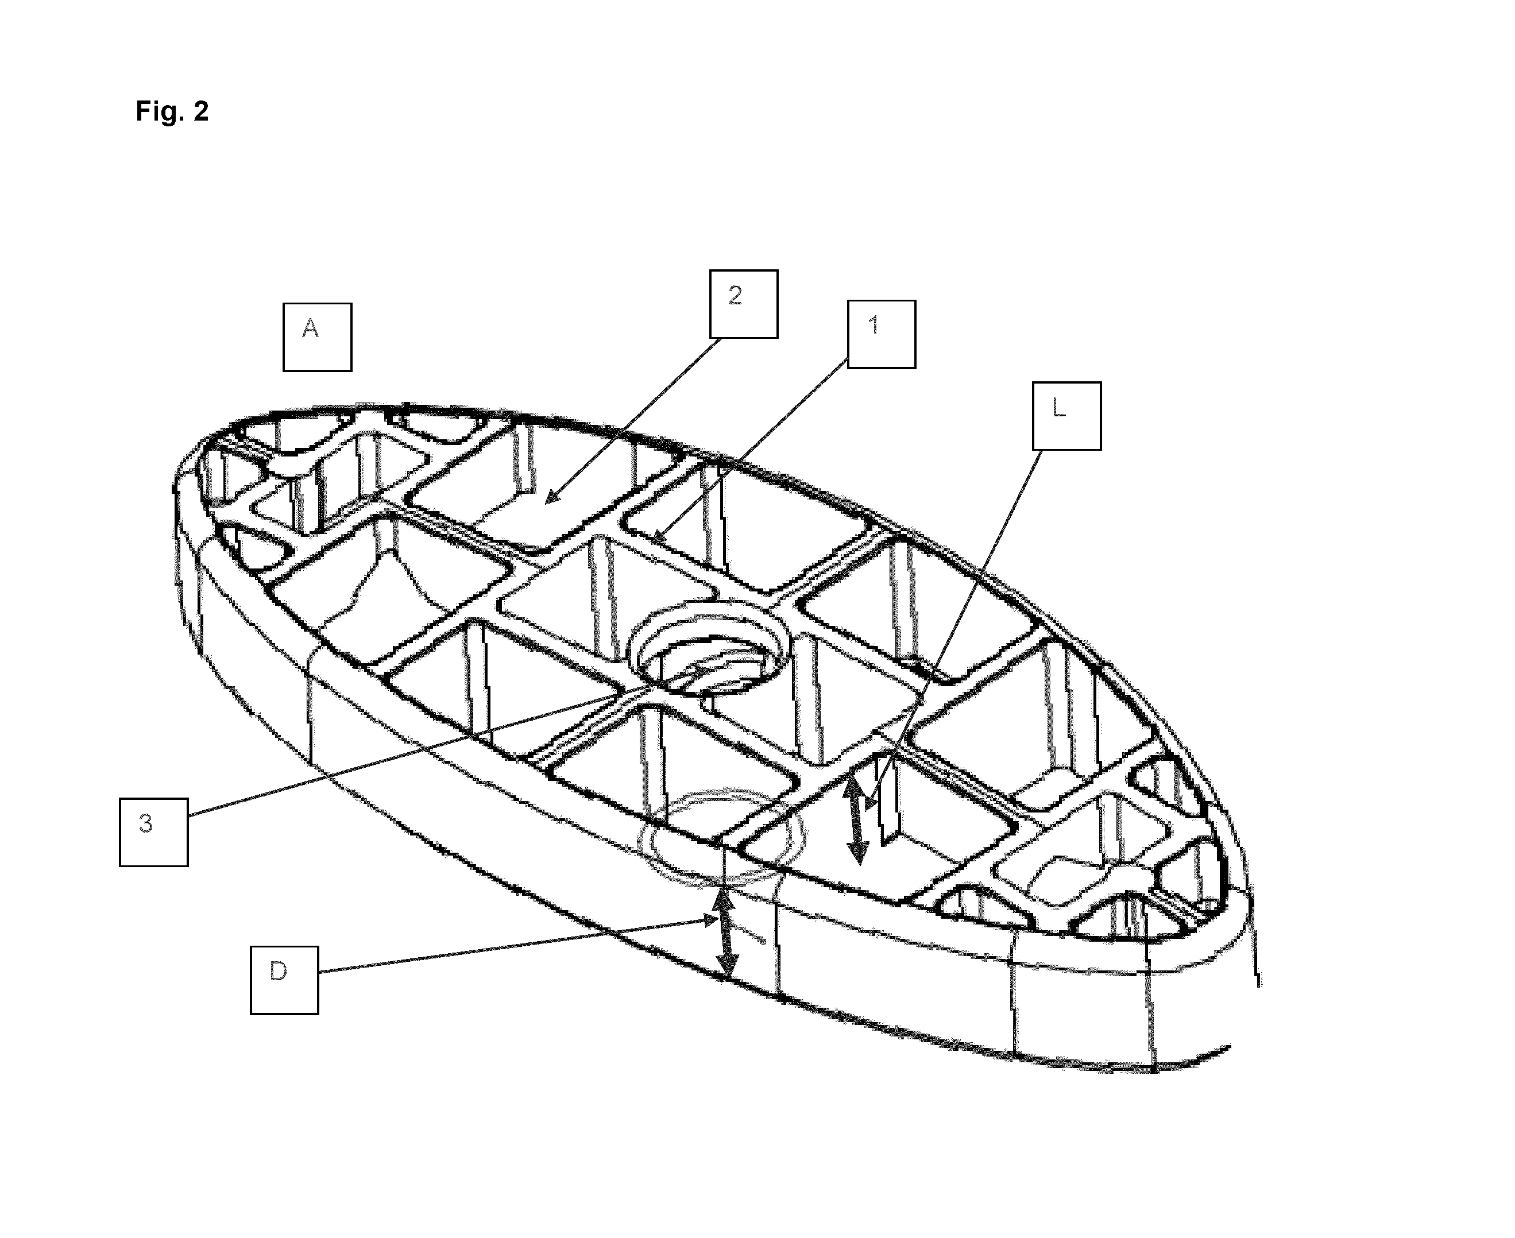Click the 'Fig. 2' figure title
tap(172, 111)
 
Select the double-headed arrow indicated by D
tap(725, 935)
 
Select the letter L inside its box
tap(1058, 407)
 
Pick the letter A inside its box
tap(310, 328)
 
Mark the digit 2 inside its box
tap(735, 295)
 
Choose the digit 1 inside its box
tap(874, 325)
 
